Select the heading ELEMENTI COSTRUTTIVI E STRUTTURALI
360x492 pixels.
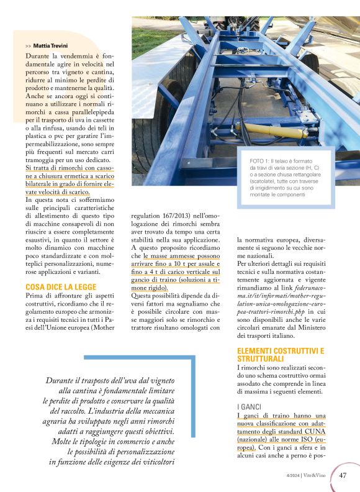point(281,355)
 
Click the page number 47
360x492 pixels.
point(343,476)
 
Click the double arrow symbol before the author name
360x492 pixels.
point(29,46)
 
